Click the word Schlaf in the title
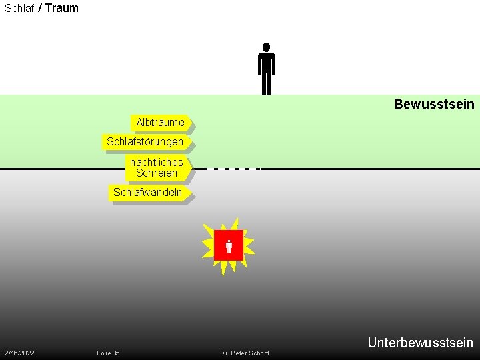point(19,9)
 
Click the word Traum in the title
point(62,8)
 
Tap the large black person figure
point(267,69)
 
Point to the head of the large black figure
point(267,47)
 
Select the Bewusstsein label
point(434,104)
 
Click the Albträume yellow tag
point(160,123)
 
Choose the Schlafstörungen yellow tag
point(145,142)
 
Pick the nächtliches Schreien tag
point(157,168)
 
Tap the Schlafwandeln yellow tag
point(148,193)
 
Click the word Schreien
point(157,173)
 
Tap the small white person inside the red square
point(229,246)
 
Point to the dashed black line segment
point(233,169)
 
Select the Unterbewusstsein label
point(420,343)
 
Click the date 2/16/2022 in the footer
point(19,353)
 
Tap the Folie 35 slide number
point(108,353)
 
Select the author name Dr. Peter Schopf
point(245,353)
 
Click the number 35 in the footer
point(116,353)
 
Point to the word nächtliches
point(157,163)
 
